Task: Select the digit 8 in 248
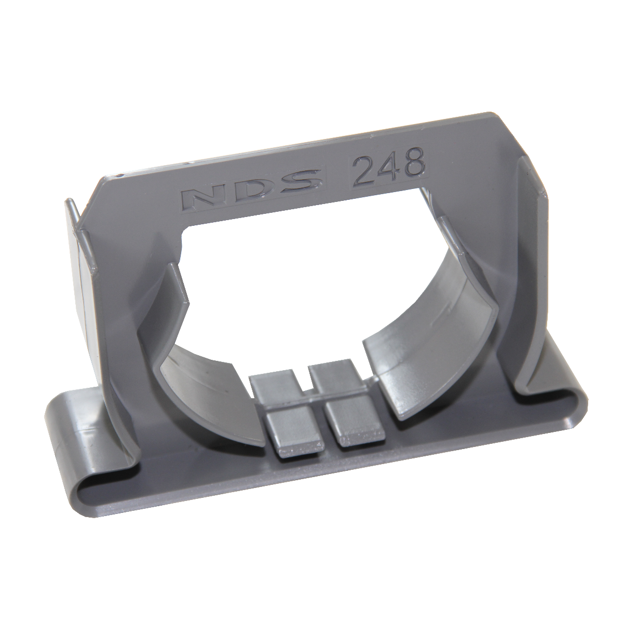[x=414, y=162]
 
